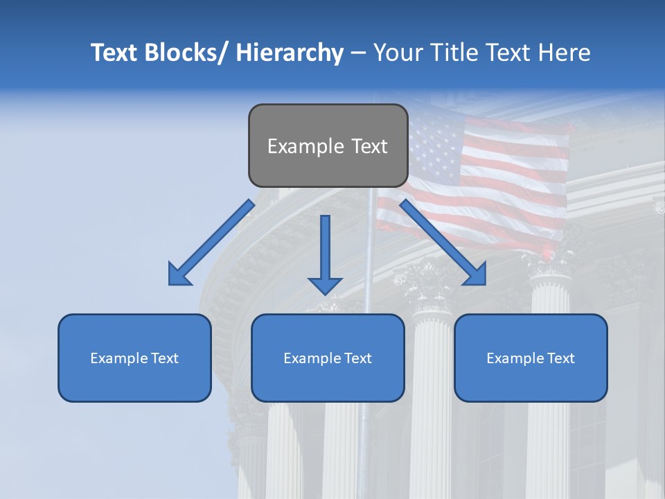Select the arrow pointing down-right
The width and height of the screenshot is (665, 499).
pyautogui.click(x=443, y=243)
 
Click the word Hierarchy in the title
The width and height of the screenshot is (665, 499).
pyautogui.click(x=290, y=53)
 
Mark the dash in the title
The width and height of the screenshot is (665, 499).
pyautogui.click(x=358, y=54)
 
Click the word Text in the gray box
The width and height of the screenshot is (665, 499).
pyautogui.click(x=369, y=146)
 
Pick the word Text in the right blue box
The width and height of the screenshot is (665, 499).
pyautogui.click(x=560, y=358)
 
